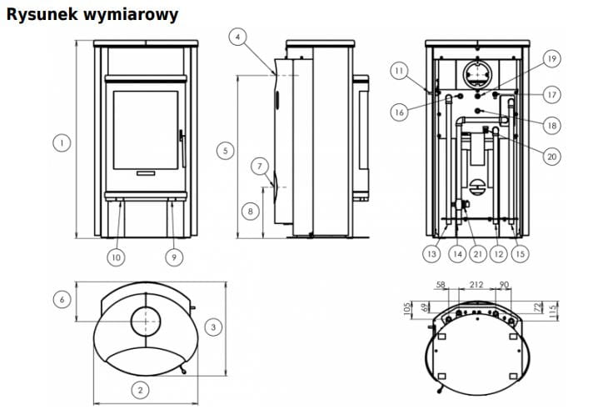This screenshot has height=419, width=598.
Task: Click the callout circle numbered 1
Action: pos(61,142)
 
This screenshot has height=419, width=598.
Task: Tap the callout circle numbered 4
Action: pos(238,37)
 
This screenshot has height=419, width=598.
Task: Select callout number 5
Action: pos(223,151)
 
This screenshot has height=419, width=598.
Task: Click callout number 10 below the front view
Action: pos(115,257)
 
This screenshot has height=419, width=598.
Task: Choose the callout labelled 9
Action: pos(174,257)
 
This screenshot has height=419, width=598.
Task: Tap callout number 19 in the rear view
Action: pos(551,57)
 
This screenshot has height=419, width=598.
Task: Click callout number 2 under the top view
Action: pos(141,389)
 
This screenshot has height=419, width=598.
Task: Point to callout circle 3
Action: pos(213,327)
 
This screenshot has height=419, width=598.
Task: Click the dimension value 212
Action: pos(476,285)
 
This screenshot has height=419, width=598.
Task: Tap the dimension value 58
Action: pos(441,285)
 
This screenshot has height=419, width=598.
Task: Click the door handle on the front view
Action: pos(181,146)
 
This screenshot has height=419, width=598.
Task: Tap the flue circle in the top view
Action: pos(147,321)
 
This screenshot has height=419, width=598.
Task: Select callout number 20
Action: pos(551,156)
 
